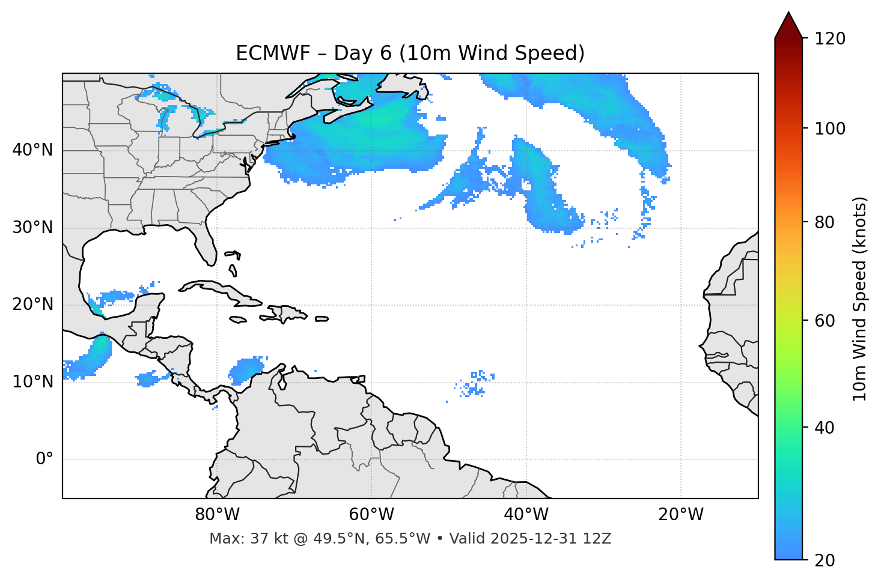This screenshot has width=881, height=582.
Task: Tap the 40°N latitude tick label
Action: pos(32,150)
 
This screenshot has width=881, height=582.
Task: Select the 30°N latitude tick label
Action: pos(32,228)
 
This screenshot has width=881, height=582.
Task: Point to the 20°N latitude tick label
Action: pos(32,305)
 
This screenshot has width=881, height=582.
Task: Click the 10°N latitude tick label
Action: pos(32,382)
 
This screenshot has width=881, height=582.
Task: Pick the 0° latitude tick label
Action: pos(44,459)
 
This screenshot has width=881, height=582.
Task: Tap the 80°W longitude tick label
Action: pos(217,515)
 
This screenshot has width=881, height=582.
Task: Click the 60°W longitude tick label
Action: pos(371,515)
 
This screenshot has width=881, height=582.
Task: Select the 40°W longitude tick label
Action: pos(526,515)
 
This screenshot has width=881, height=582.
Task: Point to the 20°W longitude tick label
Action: pos(680,515)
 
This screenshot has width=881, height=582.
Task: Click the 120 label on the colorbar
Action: pos(830,39)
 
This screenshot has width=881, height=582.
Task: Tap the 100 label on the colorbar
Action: pos(830,129)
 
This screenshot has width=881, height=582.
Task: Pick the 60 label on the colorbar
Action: pos(823,321)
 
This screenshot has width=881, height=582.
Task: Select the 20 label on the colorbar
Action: pos(823,560)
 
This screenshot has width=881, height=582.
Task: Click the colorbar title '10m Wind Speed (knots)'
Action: pos(860,299)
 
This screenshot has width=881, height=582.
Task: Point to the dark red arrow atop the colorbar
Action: pos(788,26)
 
